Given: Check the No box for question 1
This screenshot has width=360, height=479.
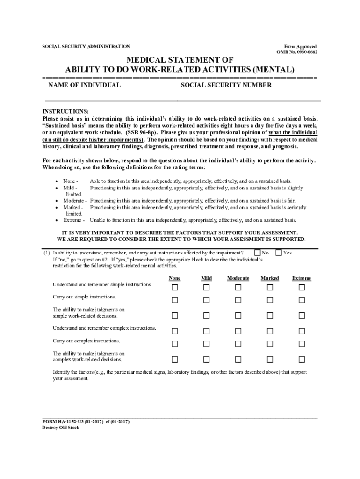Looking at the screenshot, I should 257,253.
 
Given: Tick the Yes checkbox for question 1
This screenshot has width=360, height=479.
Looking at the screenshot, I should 279,253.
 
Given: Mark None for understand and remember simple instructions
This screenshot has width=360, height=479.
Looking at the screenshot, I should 174,288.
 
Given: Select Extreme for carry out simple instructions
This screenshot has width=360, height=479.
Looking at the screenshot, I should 302,300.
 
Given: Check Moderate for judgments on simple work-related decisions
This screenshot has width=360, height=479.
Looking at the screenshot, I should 238,316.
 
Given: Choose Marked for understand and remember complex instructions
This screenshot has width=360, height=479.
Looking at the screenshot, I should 270,332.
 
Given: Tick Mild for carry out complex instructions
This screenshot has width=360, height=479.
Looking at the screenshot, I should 206,344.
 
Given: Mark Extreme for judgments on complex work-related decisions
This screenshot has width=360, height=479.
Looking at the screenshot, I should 302,360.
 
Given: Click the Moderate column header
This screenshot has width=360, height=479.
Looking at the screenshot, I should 238,278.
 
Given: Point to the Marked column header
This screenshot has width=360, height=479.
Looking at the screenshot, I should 270,278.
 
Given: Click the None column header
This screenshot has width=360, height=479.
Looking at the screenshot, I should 174,278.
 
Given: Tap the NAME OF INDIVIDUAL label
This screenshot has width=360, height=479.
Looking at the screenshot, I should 85,85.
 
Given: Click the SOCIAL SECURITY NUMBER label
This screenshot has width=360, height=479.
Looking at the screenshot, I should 226,85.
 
